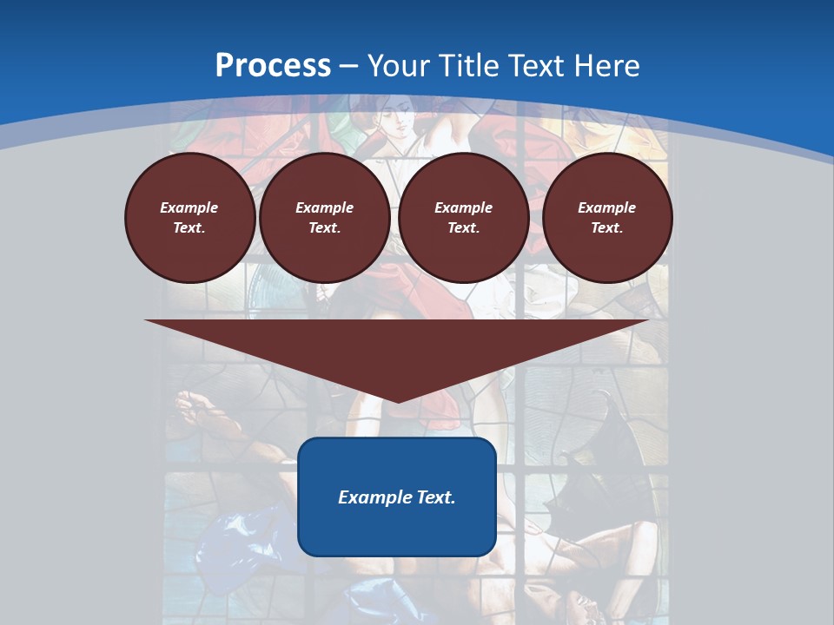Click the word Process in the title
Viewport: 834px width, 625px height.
coord(273,66)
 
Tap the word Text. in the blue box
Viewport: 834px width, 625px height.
coord(434,497)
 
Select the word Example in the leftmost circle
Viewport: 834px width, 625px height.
coord(189,207)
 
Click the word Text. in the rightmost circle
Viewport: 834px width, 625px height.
coord(606,227)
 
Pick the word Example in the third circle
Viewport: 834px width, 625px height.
coord(463,207)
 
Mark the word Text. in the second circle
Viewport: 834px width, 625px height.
coord(324,227)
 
